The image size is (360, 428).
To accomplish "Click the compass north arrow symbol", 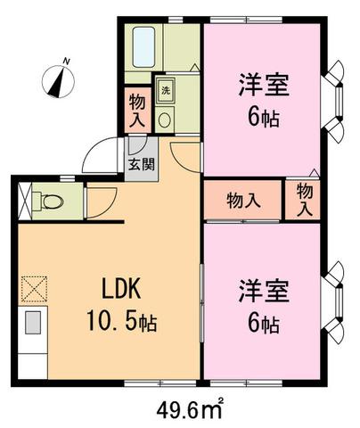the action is click(x=58, y=79).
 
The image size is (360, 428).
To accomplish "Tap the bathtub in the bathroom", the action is click(x=143, y=47).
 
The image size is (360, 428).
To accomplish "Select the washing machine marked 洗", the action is click(x=165, y=90).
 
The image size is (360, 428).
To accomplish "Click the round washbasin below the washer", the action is click(x=165, y=119).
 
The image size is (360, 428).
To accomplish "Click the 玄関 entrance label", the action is click(x=142, y=164).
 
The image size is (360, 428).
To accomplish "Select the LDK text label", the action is click(x=121, y=289).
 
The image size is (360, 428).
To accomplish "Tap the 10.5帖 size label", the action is click(x=121, y=322).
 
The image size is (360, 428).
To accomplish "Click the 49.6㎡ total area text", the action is click(x=190, y=410).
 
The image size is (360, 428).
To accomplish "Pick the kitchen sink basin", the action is click(x=32, y=323).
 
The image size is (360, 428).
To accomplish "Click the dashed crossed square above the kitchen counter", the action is click(x=34, y=289).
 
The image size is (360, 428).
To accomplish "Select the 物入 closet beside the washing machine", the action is click(x=137, y=110).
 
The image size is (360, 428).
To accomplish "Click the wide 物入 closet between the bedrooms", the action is click(x=242, y=200).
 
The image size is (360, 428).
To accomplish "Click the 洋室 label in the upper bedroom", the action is click(x=264, y=85).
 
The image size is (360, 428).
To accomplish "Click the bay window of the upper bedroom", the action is click(x=333, y=102).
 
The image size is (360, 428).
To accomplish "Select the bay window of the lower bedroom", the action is click(x=333, y=303).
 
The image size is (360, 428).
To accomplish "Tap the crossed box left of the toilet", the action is click(x=25, y=202).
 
